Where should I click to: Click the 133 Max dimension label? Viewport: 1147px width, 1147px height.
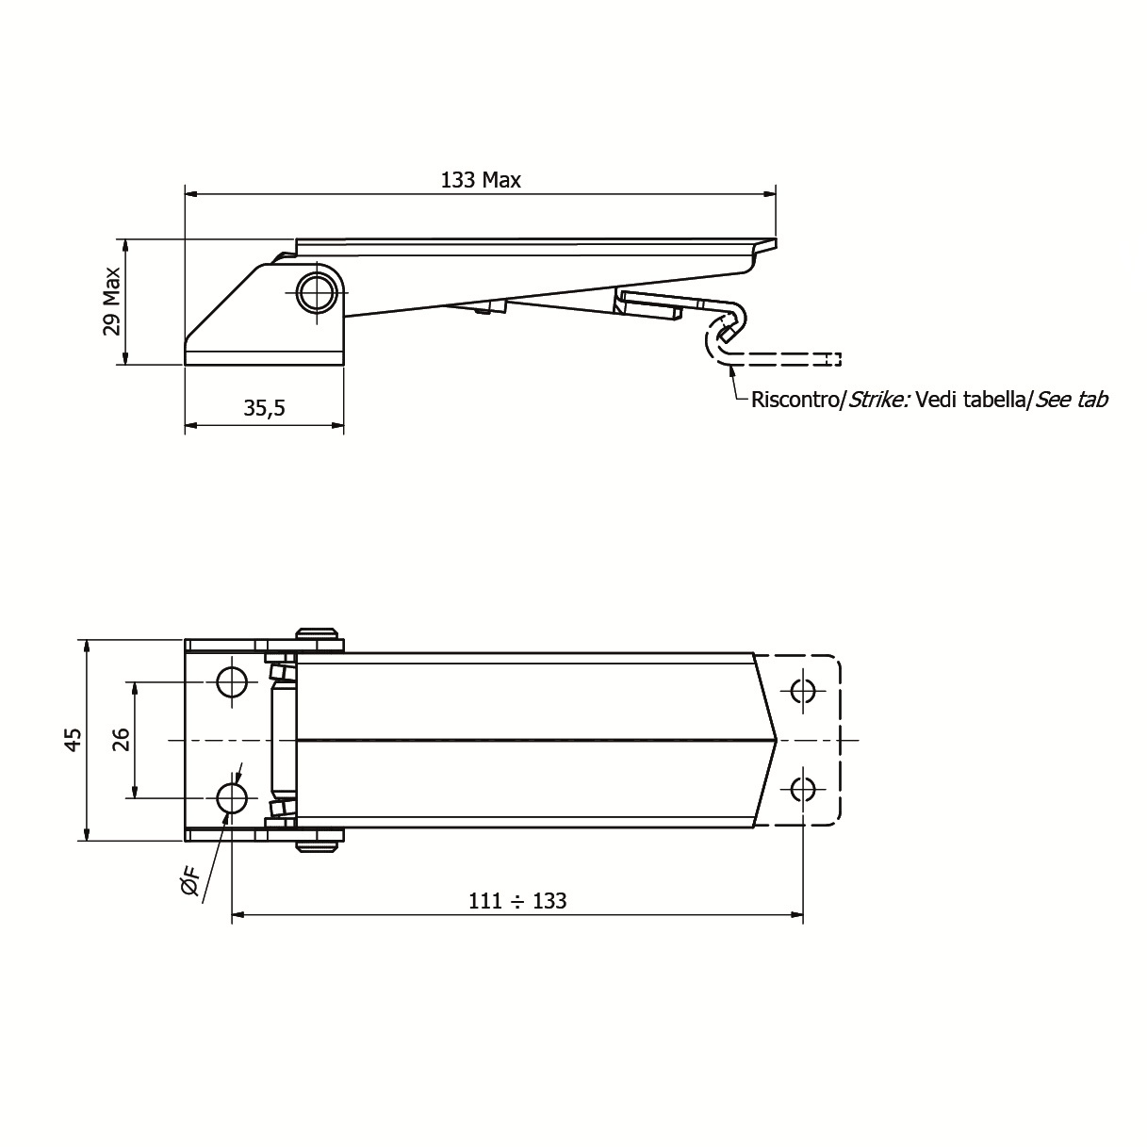click(481, 180)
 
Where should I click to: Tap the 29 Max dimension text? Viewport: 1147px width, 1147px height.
click(112, 302)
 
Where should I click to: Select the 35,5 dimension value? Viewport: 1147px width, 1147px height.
click(264, 408)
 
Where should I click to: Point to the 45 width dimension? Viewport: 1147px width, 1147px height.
click(73, 740)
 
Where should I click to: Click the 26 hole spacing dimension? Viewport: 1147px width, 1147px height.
click(121, 740)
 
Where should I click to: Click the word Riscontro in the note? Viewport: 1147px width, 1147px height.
click(794, 400)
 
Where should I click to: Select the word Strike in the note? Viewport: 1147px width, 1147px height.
click(878, 400)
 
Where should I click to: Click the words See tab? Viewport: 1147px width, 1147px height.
click(1072, 400)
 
